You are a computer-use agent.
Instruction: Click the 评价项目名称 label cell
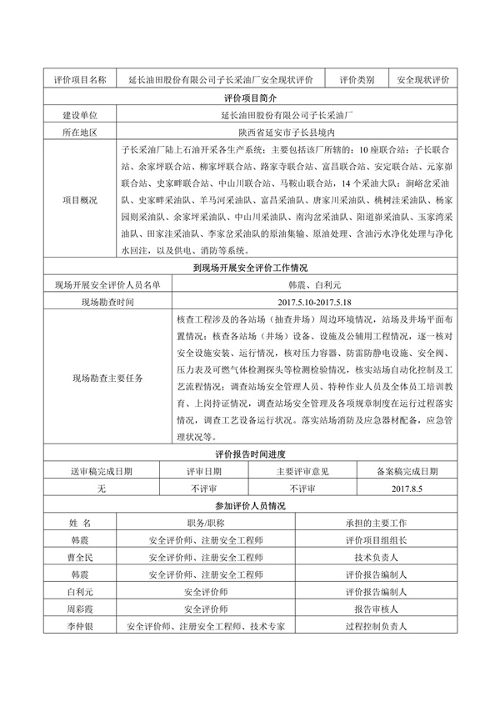[80, 80]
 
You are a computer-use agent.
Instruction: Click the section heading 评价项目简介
[249, 98]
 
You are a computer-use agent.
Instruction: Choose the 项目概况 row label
[80, 200]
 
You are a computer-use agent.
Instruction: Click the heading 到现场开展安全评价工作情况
[249, 268]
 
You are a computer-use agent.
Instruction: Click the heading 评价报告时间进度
[249, 454]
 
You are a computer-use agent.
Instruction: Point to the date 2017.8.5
[407, 489]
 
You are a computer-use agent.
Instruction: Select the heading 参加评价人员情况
[249, 506]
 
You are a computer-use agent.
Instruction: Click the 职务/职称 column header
[205, 524]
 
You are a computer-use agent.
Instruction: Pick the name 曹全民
[80, 558]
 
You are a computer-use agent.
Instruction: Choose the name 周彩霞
[80, 609]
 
